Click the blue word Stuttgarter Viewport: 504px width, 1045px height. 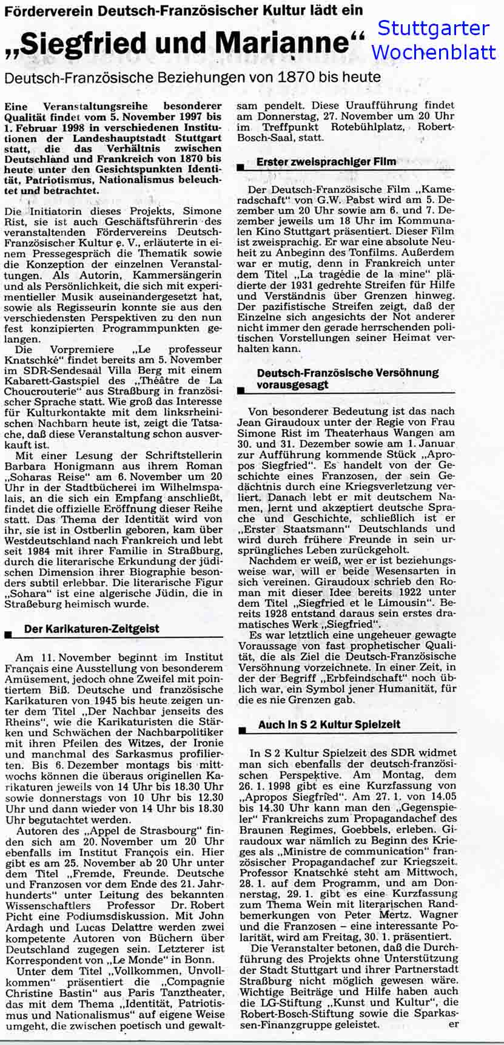(432, 29)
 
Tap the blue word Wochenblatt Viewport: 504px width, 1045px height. (433, 52)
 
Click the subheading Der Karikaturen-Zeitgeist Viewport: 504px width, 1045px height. (92, 629)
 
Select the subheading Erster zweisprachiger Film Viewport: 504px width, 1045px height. (326, 162)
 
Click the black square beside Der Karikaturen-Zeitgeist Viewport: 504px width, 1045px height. (8, 635)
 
